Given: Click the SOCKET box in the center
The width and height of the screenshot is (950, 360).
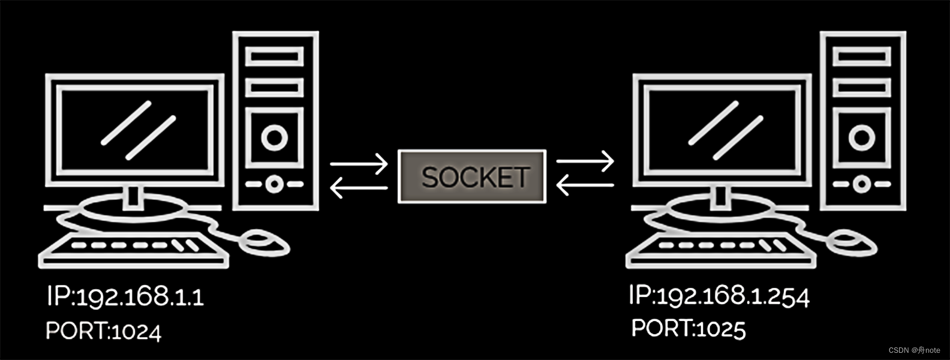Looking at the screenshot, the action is [x=472, y=176].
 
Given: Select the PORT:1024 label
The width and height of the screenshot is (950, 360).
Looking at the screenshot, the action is [x=104, y=331].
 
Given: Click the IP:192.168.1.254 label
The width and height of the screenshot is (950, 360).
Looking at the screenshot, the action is [x=719, y=295].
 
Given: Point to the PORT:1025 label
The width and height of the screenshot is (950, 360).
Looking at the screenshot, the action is [x=689, y=328].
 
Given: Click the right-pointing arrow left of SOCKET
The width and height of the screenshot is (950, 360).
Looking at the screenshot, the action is [x=359, y=163].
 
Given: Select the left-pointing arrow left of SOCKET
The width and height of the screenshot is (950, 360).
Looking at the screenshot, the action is [x=359, y=188].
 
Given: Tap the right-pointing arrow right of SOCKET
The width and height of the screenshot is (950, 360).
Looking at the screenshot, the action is [x=585, y=161].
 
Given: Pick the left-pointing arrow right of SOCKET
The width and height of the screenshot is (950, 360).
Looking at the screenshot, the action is [x=585, y=185].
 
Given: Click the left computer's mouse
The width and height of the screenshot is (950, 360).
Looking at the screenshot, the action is [x=264, y=242].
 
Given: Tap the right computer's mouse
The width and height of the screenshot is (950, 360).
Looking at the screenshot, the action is [x=852, y=242].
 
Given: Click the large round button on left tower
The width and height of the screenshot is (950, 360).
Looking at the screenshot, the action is [x=275, y=138].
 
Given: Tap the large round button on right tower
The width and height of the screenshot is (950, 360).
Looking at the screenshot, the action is [x=862, y=138].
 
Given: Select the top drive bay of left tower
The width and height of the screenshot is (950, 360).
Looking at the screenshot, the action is [x=275, y=57].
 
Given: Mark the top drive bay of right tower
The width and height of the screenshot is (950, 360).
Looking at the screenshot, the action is [x=862, y=57].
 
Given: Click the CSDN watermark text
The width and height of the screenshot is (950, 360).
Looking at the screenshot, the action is [x=914, y=350].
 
